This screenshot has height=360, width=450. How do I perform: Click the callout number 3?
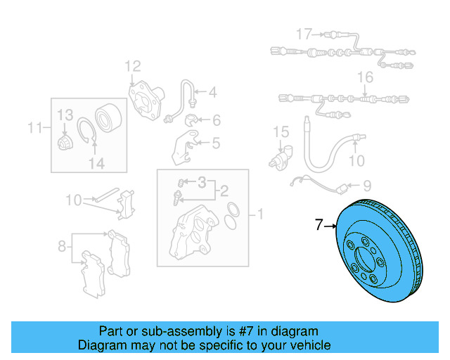click(202, 183)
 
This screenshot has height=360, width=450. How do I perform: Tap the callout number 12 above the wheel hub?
click(133, 67)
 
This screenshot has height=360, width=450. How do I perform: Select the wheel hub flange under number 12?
click(144, 94)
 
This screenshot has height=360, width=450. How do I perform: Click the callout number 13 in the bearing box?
click(65, 115)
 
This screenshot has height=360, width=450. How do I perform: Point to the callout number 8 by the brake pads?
click(62, 246)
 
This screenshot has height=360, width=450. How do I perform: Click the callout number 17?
click(303, 34)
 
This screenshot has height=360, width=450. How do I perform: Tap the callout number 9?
click(366, 186)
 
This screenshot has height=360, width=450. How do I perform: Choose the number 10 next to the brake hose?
click(357, 161)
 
